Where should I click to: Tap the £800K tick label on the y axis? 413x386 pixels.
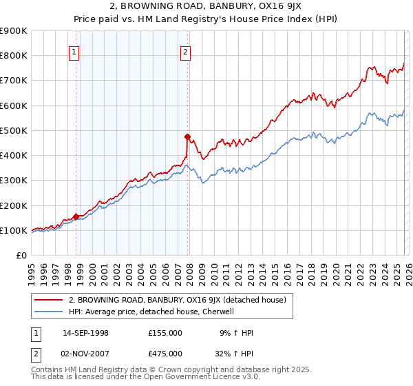click(14, 56)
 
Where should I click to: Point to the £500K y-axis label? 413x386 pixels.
click(14, 130)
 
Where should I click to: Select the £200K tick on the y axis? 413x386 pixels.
click(14, 205)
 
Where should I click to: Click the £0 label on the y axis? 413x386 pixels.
click(21, 256)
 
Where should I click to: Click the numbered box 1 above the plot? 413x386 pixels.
click(74, 50)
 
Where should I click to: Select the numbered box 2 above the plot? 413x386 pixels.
click(186, 50)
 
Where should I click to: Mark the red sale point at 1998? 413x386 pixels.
click(76, 216)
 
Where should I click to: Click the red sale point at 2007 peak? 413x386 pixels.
click(187, 137)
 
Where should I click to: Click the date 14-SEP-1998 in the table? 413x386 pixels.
click(85, 334)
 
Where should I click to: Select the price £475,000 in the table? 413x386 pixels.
click(165, 354)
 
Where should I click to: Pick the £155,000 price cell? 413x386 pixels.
click(165, 334)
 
